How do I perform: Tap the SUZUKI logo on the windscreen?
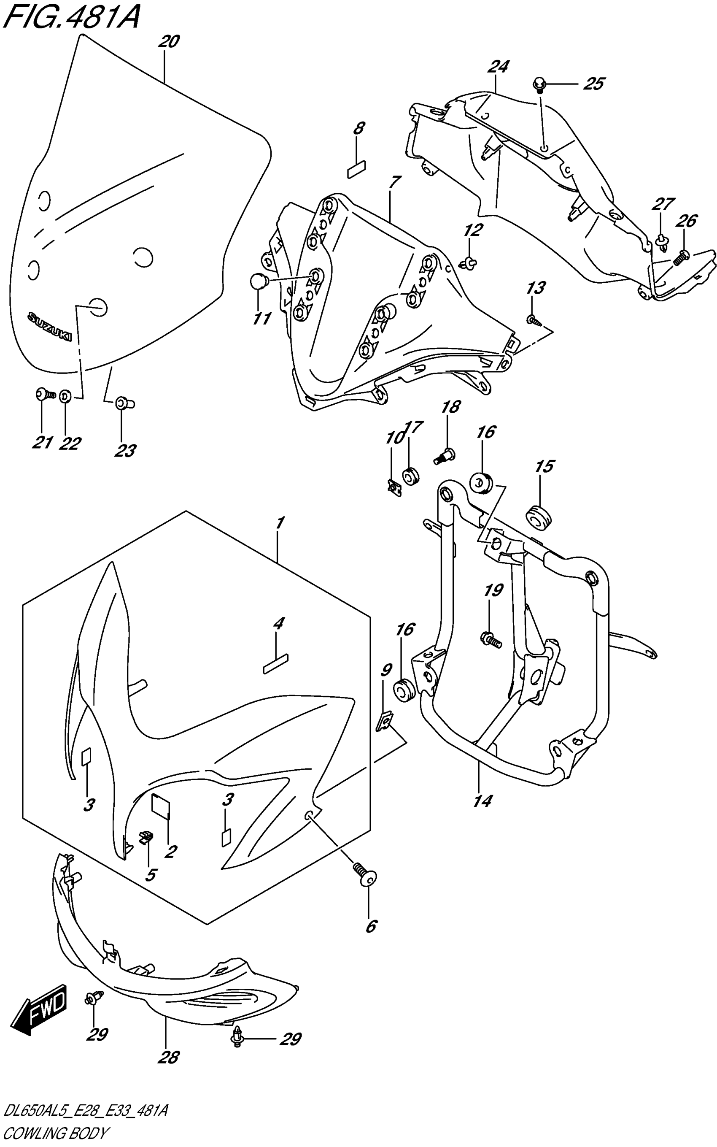point(49,326)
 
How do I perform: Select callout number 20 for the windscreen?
point(169,42)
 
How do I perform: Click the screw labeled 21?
point(45,394)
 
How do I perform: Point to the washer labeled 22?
point(65,395)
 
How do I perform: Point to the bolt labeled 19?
point(491,640)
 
